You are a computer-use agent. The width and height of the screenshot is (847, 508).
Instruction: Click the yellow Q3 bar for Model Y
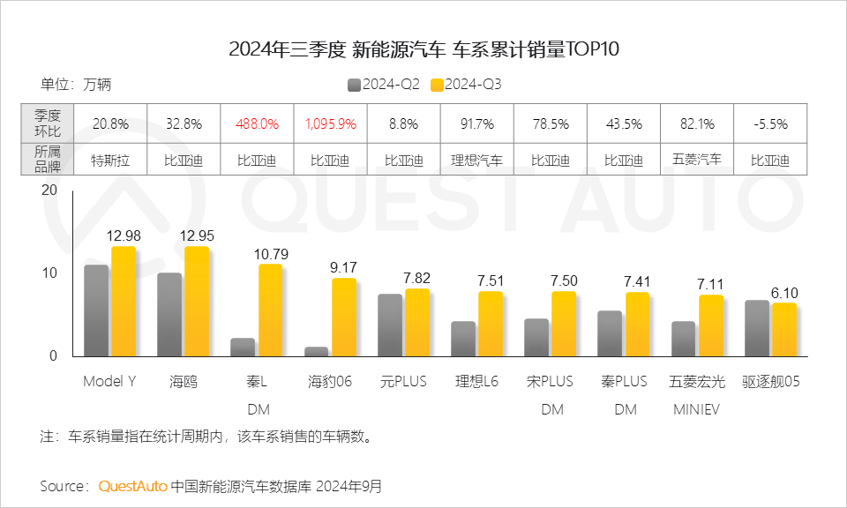coord(124,301)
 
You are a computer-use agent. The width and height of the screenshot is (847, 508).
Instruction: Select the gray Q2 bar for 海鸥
coord(169,314)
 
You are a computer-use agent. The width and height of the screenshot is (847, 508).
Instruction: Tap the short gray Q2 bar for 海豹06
coord(316,351)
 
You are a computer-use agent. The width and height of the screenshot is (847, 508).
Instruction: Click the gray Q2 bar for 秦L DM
coord(243,347)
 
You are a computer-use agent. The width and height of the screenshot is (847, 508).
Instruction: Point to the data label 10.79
coord(270,254)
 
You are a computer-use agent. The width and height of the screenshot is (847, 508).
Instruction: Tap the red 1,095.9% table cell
coord(331,123)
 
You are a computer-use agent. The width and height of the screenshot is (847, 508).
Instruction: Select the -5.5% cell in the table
coord(770,123)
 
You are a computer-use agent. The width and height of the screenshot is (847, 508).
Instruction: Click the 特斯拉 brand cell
coord(110,161)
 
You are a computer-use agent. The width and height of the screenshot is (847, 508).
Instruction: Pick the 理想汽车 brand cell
coord(477,161)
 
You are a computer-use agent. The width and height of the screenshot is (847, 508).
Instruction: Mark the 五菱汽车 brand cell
coord(697,160)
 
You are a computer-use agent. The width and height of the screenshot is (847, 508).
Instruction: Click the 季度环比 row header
coord(48,123)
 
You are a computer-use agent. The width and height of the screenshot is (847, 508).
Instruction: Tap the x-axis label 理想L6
coord(477,382)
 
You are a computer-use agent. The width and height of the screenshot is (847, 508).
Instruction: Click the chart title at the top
coord(423,49)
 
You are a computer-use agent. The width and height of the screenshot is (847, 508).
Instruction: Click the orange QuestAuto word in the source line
coord(132,486)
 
